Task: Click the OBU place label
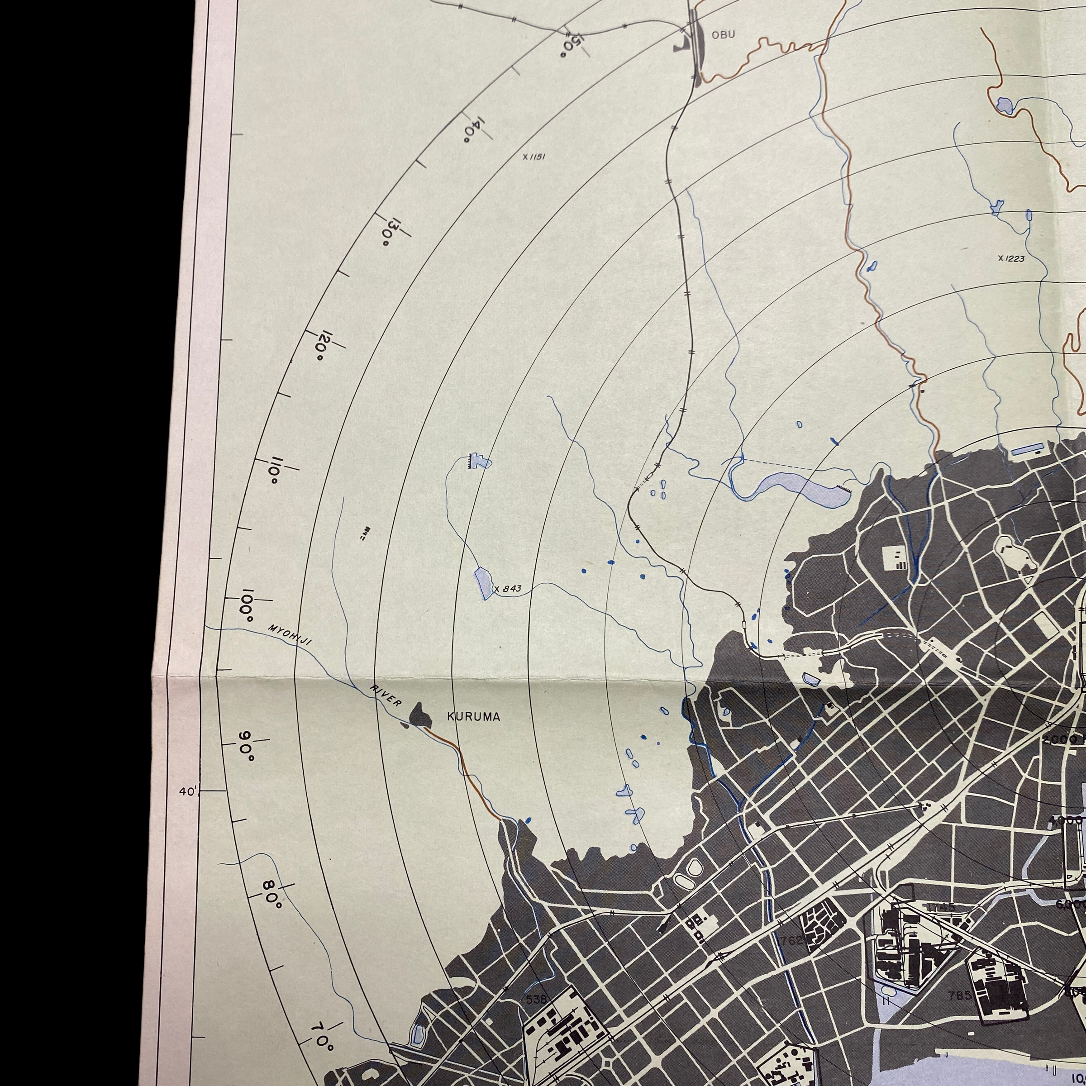pos(723,35)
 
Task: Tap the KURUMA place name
pos(473,717)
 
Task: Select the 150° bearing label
pos(570,45)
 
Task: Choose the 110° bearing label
pos(276,471)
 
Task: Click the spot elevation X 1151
pos(533,157)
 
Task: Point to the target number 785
pos(959,995)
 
